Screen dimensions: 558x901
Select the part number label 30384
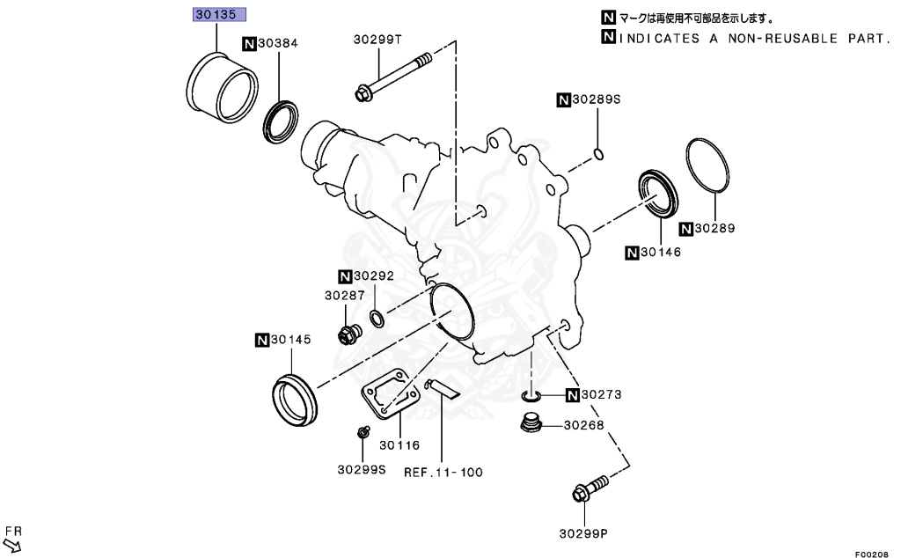pyautogui.click(x=280, y=42)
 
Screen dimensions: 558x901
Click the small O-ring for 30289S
pyautogui.click(x=598, y=155)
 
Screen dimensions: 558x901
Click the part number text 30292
pyautogui.click(x=375, y=275)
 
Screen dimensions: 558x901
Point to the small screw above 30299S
pyautogui.click(x=361, y=432)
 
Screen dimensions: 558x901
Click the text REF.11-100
pyautogui.click(x=443, y=472)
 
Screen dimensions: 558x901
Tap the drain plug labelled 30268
pyautogui.click(x=530, y=425)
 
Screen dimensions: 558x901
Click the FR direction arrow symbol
pyautogui.click(x=11, y=546)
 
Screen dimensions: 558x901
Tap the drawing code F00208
pyautogui.click(x=871, y=553)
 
